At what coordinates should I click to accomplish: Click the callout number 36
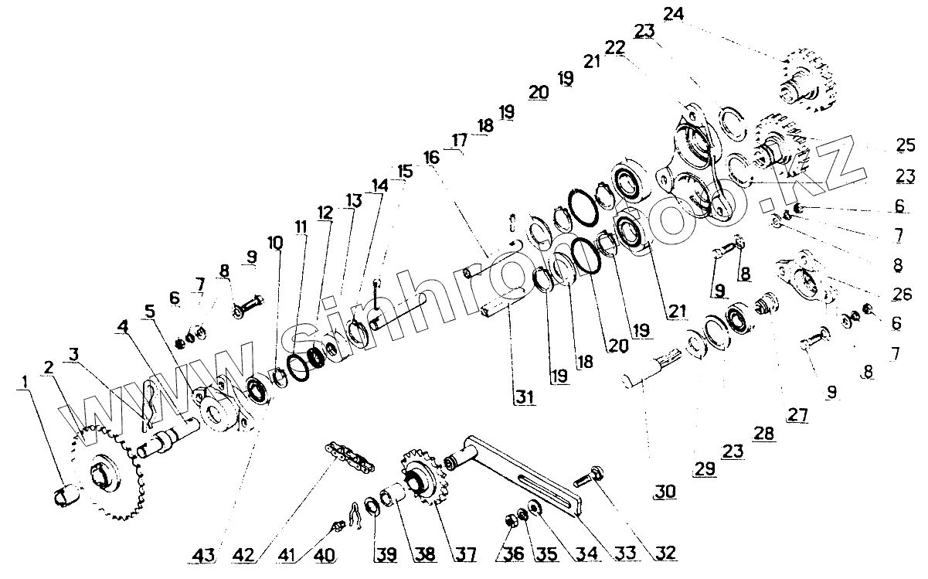511,553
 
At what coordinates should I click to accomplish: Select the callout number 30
663,492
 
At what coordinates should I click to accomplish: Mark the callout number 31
526,397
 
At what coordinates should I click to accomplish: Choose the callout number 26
902,293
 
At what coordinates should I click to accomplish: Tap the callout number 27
797,415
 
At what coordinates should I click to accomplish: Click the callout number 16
431,156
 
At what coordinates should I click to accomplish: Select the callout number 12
324,211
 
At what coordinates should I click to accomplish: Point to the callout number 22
614,48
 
